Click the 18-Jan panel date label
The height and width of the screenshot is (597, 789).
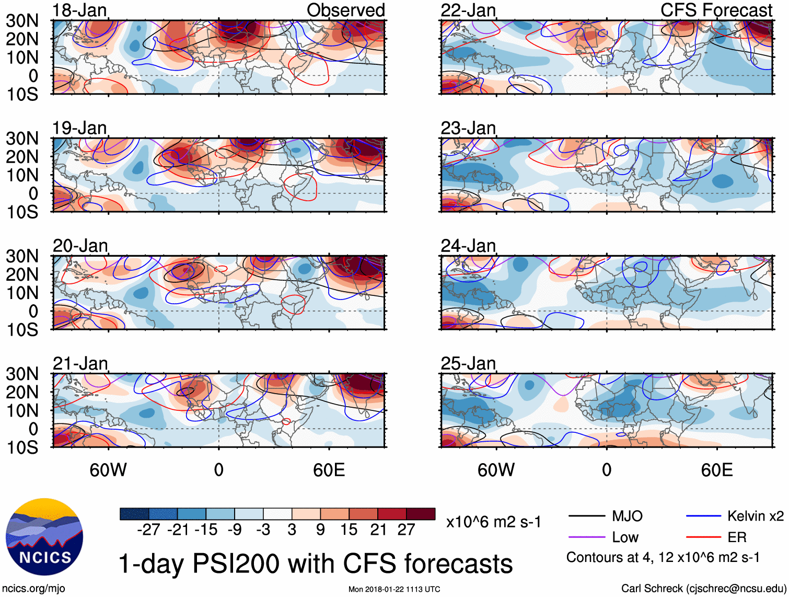click(x=79, y=10)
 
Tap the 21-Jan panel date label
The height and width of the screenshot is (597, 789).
click(x=80, y=363)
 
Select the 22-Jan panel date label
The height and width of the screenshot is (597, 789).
click(x=468, y=10)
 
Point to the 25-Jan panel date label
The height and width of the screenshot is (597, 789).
click(x=468, y=363)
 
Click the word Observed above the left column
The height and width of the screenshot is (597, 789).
click(x=345, y=10)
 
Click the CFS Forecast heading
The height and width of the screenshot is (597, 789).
click(x=716, y=10)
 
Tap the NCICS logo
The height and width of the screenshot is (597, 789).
click(x=44, y=537)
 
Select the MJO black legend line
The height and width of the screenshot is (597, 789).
click(x=586, y=516)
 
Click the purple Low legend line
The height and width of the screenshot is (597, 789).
click(x=586, y=537)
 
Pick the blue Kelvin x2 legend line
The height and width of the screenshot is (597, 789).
click(x=703, y=516)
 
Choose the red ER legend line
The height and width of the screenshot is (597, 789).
click(x=703, y=537)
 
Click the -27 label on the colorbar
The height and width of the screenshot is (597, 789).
click(x=148, y=530)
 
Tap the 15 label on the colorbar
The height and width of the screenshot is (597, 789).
click(x=349, y=530)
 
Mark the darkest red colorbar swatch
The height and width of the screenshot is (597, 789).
click(x=421, y=514)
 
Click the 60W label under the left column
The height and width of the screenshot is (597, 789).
click(x=108, y=470)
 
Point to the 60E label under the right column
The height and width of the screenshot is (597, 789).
click(x=717, y=470)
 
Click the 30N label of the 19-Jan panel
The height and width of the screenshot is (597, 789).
click(x=22, y=139)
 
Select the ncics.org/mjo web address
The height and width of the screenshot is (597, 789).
click(x=33, y=589)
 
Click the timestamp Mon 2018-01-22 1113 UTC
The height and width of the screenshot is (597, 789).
click(x=394, y=589)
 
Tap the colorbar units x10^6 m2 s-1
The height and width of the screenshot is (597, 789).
click(x=494, y=522)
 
